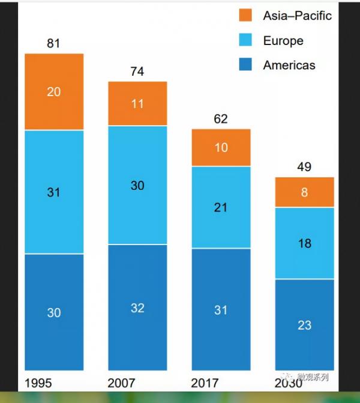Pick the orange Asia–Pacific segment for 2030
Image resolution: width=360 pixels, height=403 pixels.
(x=304, y=192)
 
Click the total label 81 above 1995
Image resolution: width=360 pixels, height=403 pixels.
(x=53, y=44)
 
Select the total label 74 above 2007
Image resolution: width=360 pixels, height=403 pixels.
(x=137, y=71)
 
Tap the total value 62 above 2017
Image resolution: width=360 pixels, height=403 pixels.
(x=221, y=119)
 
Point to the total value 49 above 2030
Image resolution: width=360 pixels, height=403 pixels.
(x=304, y=167)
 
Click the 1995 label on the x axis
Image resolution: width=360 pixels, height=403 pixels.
(x=38, y=383)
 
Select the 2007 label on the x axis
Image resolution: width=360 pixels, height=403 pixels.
(x=121, y=383)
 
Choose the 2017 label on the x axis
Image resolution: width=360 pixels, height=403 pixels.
(x=205, y=383)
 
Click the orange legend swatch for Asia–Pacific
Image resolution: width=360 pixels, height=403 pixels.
(x=246, y=16)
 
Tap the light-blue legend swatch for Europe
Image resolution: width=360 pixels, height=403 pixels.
(x=246, y=40)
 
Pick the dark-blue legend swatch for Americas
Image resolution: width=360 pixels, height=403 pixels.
(x=246, y=65)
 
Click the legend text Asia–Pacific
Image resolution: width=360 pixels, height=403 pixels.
(x=297, y=16)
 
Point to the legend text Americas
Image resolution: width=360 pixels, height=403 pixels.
(x=289, y=65)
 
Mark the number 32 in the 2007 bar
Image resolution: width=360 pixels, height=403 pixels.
(x=137, y=308)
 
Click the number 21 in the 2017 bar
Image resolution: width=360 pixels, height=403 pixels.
(x=221, y=208)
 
